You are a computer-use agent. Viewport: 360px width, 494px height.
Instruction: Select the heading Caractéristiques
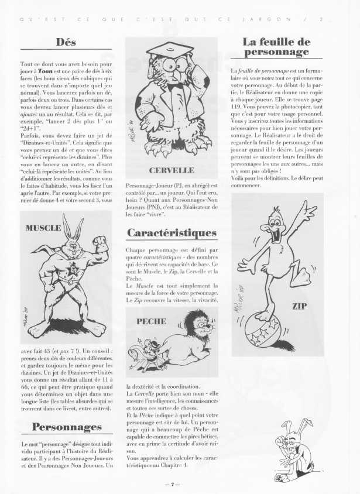[x=172, y=232]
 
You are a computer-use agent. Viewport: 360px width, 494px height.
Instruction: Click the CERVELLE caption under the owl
[x=172, y=171]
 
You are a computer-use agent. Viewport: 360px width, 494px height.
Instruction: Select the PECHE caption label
[x=151, y=321]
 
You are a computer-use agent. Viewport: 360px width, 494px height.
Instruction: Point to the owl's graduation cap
[x=169, y=50]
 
